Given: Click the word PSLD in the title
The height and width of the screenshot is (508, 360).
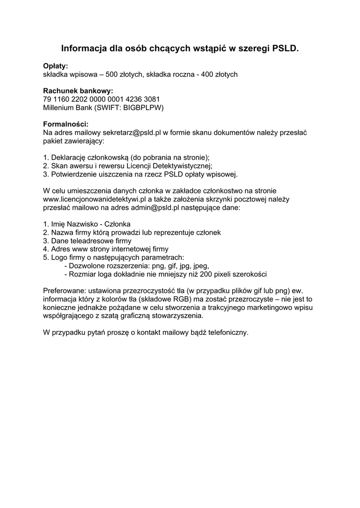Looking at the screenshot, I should (x=285, y=49).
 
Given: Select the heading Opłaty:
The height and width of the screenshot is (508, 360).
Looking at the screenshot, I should (x=56, y=66).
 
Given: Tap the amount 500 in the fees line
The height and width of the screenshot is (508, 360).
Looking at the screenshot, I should (x=112, y=74).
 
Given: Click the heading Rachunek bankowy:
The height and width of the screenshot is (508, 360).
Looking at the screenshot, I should (x=78, y=91).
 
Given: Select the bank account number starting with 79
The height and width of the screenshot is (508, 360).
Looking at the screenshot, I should (x=101, y=99).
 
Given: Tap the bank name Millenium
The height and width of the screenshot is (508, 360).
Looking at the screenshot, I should (x=61, y=107).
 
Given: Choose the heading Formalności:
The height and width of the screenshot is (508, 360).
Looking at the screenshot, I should (x=66, y=124).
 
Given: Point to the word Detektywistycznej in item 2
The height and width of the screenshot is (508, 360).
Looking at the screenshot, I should (x=181, y=166).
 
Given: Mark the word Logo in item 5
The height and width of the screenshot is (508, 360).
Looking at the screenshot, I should (x=60, y=257).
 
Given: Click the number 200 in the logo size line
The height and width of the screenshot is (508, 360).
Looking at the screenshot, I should (x=206, y=274).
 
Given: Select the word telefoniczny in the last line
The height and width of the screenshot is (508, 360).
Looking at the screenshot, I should (x=225, y=332).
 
